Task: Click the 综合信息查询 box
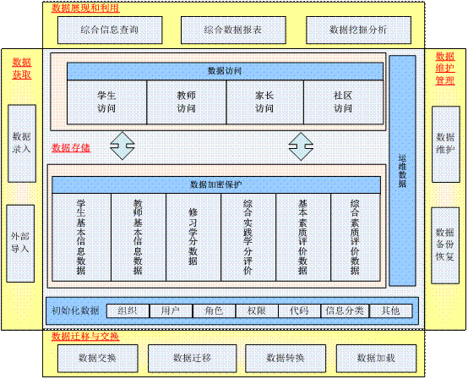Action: pyautogui.click(x=110, y=30)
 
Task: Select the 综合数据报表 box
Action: pyautogui.click(x=233, y=30)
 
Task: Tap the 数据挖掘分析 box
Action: pyautogui.click(x=358, y=30)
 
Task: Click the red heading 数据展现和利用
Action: pyautogui.click(x=85, y=8)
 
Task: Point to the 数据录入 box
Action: pyautogui.click(x=22, y=144)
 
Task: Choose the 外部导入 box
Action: pyautogui.click(x=20, y=244)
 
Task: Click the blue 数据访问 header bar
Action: pyautogui.click(x=225, y=71)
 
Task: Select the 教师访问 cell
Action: pyautogui.click(x=187, y=102)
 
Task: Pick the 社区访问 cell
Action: pyautogui.click(x=343, y=102)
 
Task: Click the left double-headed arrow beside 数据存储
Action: pyautogui.click(x=122, y=146)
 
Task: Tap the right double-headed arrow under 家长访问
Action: pyautogui.click(x=301, y=146)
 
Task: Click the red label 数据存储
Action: pyautogui.click(x=71, y=148)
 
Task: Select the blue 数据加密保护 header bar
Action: pyautogui.click(x=216, y=184)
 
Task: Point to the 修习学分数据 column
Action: pyautogui.click(x=193, y=237)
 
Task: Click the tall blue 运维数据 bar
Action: pyautogui.click(x=402, y=171)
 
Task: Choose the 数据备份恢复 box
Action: pyautogui.click(x=445, y=245)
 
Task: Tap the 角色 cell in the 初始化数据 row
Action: pyautogui.click(x=214, y=311)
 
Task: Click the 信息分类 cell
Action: pyautogui.click(x=345, y=311)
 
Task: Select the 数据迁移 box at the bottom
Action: pyautogui.click(x=193, y=359)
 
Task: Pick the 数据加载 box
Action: pyautogui.click(x=377, y=359)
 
